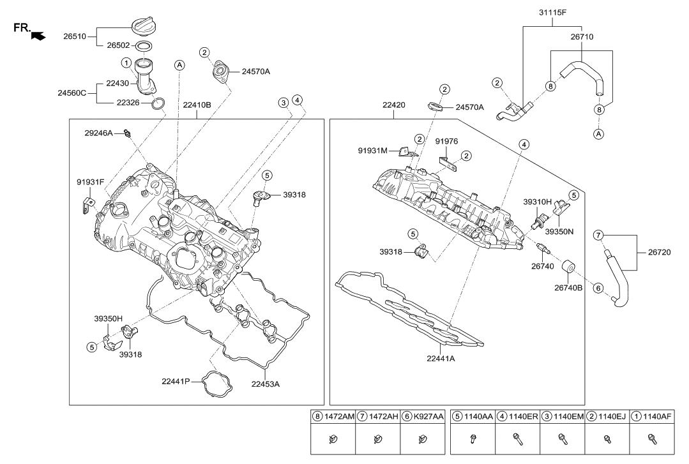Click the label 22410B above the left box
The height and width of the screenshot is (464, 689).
pyautogui.click(x=197, y=105)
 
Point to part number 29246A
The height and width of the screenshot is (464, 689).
pyautogui.click(x=98, y=133)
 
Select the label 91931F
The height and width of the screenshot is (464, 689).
pyautogui.click(x=90, y=182)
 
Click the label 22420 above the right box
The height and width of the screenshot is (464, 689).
pyautogui.click(x=394, y=105)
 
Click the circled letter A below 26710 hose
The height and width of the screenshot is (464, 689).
pyautogui.click(x=598, y=133)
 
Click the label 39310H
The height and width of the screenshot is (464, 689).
pyautogui.click(x=538, y=201)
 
